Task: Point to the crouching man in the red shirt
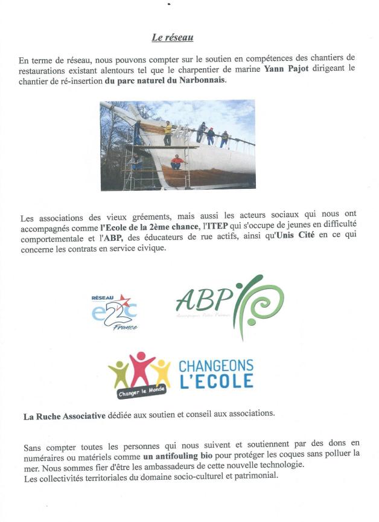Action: [x=176, y=162]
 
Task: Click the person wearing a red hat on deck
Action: [x=211, y=136]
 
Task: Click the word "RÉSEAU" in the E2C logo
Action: [x=103, y=298]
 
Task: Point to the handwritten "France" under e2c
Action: [x=124, y=326]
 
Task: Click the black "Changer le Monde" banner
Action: [x=141, y=390]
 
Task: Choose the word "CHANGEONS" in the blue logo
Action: [x=216, y=366]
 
